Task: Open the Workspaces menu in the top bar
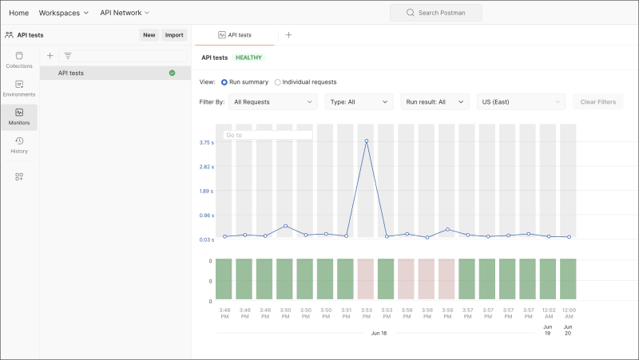point(64,13)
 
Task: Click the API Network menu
point(125,13)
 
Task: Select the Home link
point(18,13)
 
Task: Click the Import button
point(174,35)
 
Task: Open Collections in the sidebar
point(19,60)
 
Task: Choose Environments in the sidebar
point(19,89)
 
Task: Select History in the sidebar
point(19,145)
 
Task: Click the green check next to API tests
point(172,73)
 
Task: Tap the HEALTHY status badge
point(248,57)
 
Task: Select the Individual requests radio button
point(278,82)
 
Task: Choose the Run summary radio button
point(224,82)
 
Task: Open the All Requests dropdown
point(273,102)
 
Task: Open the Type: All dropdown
point(359,102)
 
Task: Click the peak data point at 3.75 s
point(367,141)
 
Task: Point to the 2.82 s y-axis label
point(206,167)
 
